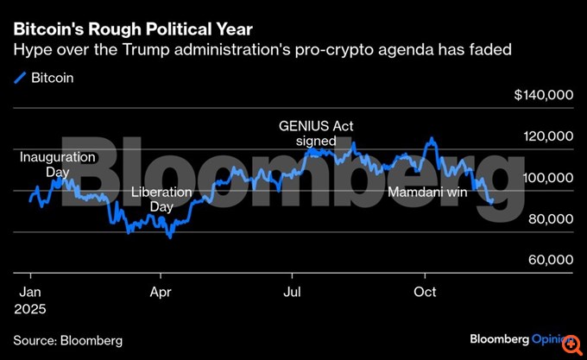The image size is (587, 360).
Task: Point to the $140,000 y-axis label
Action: click(543, 95)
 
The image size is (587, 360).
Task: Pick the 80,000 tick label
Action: click(549, 219)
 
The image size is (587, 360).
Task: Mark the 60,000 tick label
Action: click(549, 260)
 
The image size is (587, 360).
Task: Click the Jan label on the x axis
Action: click(29, 291)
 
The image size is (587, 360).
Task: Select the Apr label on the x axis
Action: click(161, 291)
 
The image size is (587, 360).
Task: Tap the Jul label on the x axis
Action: click(293, 291)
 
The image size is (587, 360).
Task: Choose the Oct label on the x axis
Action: click(425, 291)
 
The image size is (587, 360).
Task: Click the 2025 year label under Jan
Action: click(29, 307)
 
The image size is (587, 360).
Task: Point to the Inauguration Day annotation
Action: click(57, 165)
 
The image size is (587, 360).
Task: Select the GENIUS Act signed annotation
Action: click(316, 133)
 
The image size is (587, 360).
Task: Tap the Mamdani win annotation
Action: click(427, 193)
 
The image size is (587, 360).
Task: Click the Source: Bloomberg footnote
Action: click(67, 340)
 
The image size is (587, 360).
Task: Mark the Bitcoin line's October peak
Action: click(431, 138)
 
